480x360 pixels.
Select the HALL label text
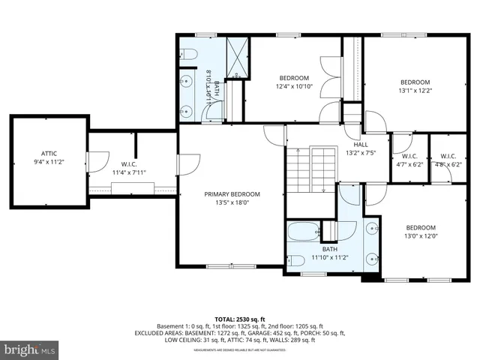point(360,145)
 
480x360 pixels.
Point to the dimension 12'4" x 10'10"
point(294,86)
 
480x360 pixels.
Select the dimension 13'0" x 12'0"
point(421,236)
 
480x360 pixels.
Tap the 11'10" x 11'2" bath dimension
point(330,257)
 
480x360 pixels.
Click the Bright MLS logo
point(30,349)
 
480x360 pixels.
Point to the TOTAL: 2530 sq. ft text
point(239,319)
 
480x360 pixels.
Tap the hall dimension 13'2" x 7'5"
point(360,154)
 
